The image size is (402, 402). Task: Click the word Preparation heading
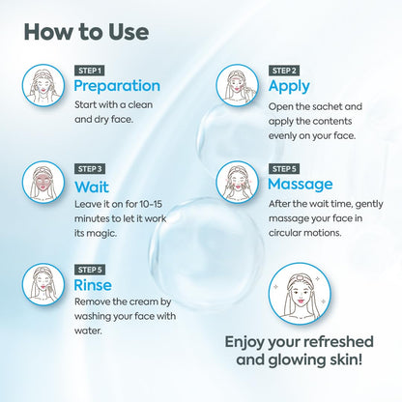coord(117,86)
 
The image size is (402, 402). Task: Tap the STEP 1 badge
coord(90,71)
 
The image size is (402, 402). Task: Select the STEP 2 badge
coord(284,71)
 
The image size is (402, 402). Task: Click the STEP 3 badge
coord(90,169)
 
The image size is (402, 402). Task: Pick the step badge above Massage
coord(284,169)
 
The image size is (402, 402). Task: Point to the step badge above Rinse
coord(90,270)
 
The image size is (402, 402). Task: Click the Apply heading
coord(289,86)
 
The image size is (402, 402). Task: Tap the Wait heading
coord(92,187)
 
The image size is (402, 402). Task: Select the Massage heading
coord(301,185)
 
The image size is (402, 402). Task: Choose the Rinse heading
coord(93,285)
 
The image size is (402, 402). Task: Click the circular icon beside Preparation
coord(43,85)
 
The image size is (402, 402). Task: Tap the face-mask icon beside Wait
coord(43,183)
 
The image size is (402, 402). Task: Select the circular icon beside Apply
coord(237,85)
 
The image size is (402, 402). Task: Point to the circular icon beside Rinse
coord(43,285)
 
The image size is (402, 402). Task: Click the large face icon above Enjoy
coord(300,295)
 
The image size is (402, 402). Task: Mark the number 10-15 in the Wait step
coord(151,204)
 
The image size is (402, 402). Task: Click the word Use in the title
coord(129,32)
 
